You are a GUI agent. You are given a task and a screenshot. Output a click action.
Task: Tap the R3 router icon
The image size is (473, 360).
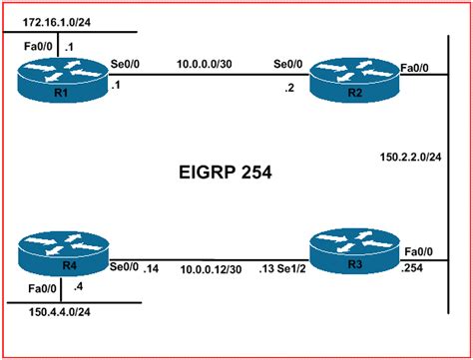[x=345, y=251]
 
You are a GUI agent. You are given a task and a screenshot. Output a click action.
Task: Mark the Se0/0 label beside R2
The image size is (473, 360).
[x=289, y=63]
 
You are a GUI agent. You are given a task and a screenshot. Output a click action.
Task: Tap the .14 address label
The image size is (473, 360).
[x=151, y=269]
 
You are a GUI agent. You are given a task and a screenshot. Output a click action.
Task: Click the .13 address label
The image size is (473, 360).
[x=262, y=269]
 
